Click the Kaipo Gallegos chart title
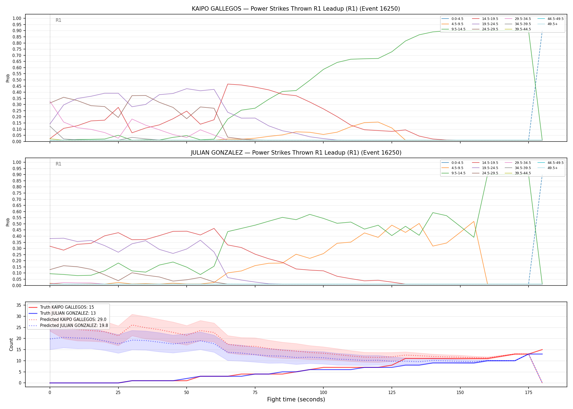pyautogui.click(x=296, y=9)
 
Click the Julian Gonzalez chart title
pyautogui.click(x=296, y=153)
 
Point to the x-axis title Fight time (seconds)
pyautogui.click(x=296, y=399)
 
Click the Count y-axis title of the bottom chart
pyautogui.click(x=11, y=344)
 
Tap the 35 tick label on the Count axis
pyautogui.click(x=19, y=305)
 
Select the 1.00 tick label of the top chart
pyautogui.click(x=17, y=19)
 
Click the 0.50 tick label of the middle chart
pyautogui.click(x=17, y=224)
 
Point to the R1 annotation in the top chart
pyautogui.click(x=58, y=20)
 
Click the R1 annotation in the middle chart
pyautogui.click(x=58, y=164)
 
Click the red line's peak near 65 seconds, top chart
pyautogui.click(x=228, y=84)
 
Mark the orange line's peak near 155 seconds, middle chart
pyautogui.click(x=474, y=221)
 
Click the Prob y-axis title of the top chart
pyautogui.click(x=8, y=78)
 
